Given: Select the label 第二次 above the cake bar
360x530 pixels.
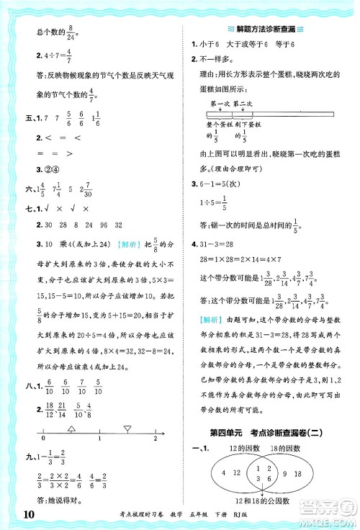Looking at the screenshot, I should coord(243,104).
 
